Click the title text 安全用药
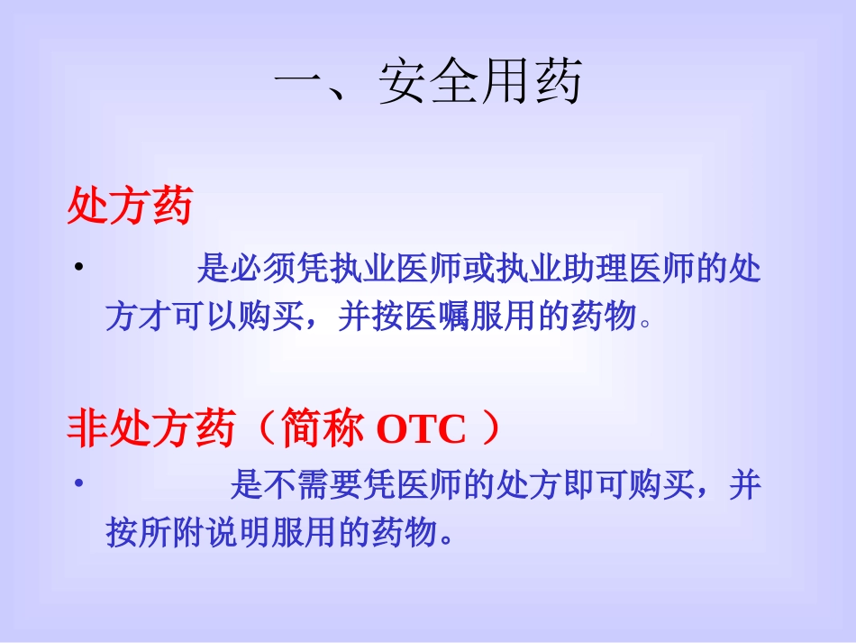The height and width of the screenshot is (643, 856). click(x=480, y=84)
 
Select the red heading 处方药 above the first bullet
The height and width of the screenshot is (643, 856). click(x=130, y=207)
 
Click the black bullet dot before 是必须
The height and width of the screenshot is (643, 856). click(x=79, y=267)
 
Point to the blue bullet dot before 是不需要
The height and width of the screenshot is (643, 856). click(x=79, y=484)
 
